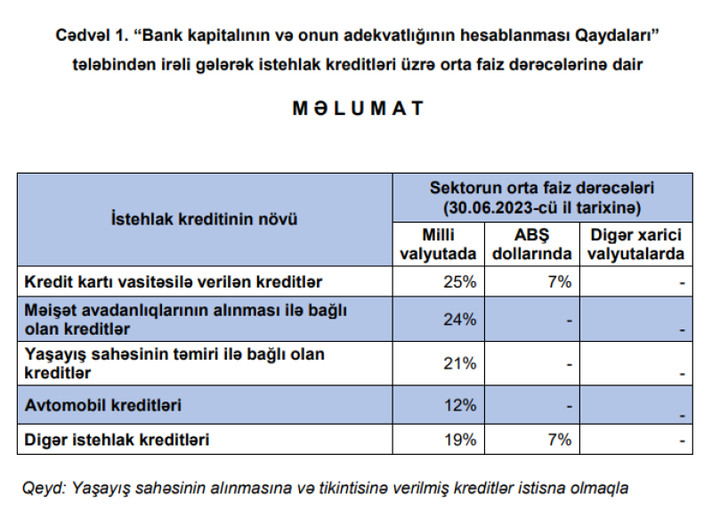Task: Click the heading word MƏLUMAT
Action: (x=358, y=109)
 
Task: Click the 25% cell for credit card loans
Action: (x=461, y=282)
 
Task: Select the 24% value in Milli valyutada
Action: (x=461, y=320)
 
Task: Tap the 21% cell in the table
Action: (x=461, y=363)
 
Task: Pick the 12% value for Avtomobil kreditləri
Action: (x=461, y=405)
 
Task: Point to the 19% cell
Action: (x=461, y=440)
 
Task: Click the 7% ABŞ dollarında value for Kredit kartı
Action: (x=560, y=282)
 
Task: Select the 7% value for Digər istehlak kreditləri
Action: (x=560, y=440)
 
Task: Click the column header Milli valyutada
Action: (x=439, y=244)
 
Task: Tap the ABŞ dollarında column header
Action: (x=532, y=244)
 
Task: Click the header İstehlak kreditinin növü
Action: (x=204, y=219)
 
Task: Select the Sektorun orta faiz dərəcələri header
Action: (x=542, y=189)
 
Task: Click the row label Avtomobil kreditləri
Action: (x=102, y=405)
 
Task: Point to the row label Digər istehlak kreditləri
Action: (x=117, y=440)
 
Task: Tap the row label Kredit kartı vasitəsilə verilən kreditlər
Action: (x=173, y=282)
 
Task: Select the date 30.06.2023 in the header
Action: (x=496, y=207)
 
